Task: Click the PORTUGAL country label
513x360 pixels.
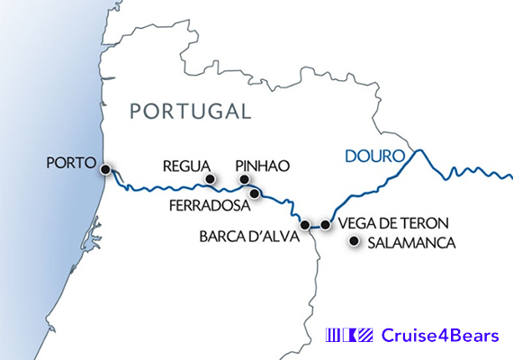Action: coord(189,112)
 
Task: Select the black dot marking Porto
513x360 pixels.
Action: coord(105,169)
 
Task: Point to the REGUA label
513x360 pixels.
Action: coord(185,166)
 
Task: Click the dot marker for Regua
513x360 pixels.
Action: coord(211,180)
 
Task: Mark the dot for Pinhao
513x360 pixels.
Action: coord(244,180)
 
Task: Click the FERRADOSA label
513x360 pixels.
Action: coord(210,205)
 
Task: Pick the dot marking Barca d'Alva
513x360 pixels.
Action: coord(305,224)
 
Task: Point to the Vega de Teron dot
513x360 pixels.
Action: coord(325,224)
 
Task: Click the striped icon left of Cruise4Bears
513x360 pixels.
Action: coord(348,336)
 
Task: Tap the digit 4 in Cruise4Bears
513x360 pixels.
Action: coord(444,336)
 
